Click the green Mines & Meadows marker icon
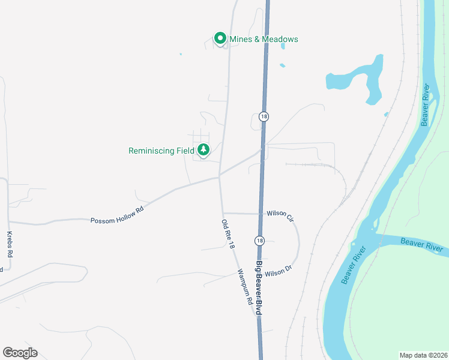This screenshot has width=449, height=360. (x=220, y=39)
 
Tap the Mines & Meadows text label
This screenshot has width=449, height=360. (x=264, y=40)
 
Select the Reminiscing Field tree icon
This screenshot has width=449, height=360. (x=203, y=149)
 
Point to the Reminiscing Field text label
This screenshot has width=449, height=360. (x=161, y=151)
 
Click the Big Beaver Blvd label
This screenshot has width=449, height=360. (x=259, y=288)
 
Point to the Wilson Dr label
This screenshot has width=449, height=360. (x=278, y=272)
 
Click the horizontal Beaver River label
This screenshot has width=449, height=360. (x=421, y=245)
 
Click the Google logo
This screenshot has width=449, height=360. (x=20, y=353)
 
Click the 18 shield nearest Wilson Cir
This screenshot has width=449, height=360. (x=259, y=240)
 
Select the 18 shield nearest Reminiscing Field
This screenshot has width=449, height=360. (x=264, y=116)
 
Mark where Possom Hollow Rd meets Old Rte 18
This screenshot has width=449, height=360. (x=219, y=176)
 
